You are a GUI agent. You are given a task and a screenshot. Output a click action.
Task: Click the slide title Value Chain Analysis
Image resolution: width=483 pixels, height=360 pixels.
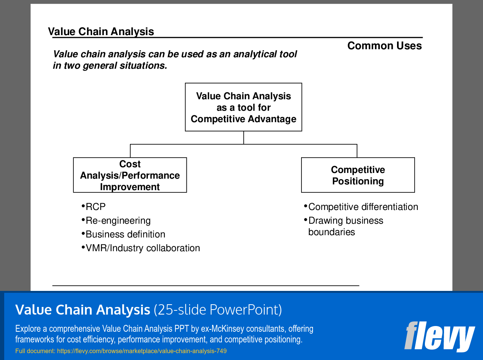pos(101,32)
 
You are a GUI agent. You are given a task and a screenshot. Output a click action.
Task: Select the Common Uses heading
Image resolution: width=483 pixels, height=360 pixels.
pos(384,46)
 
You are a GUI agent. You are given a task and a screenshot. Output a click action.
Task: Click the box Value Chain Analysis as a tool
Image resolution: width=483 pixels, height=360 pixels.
pos(243,107)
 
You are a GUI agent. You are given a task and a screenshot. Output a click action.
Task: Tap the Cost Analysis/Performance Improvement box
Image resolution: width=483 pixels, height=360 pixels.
pos(130,175)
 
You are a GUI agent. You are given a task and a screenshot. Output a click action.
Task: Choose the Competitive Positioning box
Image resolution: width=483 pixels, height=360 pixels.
pos(358,175)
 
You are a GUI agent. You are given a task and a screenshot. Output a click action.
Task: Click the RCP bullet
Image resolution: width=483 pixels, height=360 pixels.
pos(95,207)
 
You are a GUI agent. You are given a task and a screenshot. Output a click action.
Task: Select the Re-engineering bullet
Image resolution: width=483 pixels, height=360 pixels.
pos(118,221)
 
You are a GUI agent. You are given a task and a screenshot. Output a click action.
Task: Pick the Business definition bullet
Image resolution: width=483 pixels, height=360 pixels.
pos(125,234)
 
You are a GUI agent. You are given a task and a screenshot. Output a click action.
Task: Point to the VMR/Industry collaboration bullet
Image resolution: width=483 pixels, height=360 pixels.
pos(142,248)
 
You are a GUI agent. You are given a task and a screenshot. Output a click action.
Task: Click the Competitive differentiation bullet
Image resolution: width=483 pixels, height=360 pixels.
pos(363,207)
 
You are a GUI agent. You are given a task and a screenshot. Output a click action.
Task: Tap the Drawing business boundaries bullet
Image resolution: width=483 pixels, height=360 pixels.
pos(345,226)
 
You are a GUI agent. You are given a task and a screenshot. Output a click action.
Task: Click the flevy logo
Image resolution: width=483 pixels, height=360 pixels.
pos(439,336)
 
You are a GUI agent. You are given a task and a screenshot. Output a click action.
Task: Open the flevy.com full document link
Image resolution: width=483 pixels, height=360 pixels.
pos(142,351)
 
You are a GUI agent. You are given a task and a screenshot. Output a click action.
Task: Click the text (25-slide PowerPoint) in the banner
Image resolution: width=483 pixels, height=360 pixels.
pos(218,310)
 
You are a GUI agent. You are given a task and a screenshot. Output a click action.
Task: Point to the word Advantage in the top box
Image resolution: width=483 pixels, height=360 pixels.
pos(274,119)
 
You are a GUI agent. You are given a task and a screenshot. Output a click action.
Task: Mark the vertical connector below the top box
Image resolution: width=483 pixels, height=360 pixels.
pos(243,137)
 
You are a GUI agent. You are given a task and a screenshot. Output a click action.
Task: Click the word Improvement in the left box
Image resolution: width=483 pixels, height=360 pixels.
pos(130,187)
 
